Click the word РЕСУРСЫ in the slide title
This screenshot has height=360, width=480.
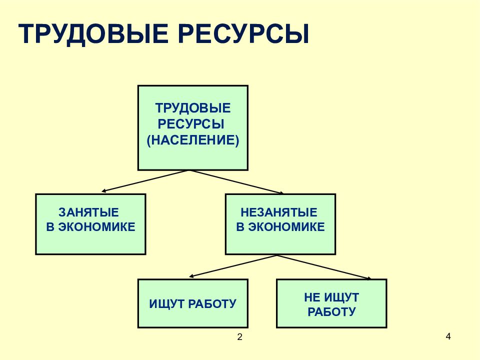(243, 33)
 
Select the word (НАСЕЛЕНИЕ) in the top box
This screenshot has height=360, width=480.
(193, 140)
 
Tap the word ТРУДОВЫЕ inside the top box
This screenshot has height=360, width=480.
(193, 108)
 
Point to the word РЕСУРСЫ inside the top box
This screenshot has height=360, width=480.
(191, 124)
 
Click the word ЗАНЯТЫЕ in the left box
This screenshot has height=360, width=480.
(89, 212)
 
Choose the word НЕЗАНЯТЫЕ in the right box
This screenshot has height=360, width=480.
(279, 212)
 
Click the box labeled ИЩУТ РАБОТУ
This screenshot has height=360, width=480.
(193, 303)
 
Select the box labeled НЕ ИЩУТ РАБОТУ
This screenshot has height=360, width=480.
(331, 303)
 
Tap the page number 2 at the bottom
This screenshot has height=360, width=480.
(239, 337)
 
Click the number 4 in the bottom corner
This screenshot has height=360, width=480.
(448, 336)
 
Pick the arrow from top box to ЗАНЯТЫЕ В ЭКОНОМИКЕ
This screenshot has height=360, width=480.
(145, 181)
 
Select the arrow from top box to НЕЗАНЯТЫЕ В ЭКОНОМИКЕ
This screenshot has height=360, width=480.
(236, 182)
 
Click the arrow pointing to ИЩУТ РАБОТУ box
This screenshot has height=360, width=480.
(233, 266)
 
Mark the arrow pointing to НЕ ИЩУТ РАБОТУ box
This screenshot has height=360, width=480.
(324, 267)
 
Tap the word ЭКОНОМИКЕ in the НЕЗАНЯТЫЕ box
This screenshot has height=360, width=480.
(286, 227)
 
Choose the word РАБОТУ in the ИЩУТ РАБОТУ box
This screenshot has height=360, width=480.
(212, 304)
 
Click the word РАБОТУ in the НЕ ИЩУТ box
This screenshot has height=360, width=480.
(331, 312)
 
